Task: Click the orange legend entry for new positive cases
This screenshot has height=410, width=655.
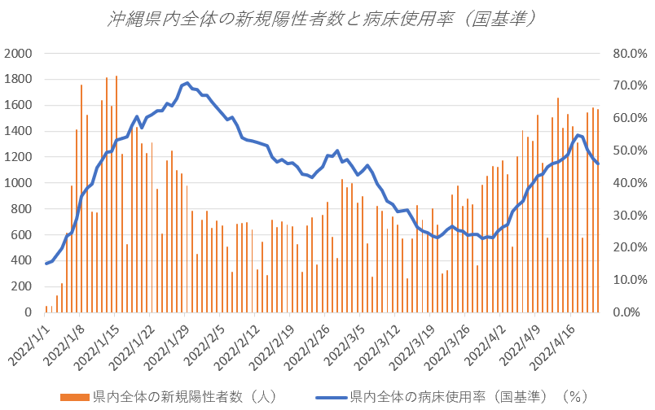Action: click(x=175, y=397)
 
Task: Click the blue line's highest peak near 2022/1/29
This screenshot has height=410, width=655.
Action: click(x=187, y=83)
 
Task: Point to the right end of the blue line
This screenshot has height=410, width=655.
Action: click(x=598, y=164)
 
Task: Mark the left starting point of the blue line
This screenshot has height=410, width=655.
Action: click(x=46, y=264)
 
